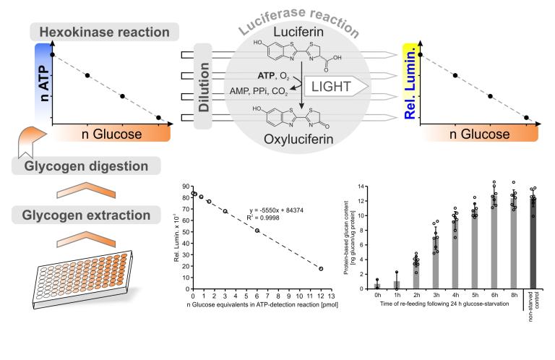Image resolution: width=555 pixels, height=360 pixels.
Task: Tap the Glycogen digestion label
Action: [x=91, y=166]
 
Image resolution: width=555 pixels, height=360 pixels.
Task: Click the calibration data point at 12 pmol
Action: [x=321, y=269]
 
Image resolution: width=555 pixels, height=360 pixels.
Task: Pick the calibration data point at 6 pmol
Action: [x=257, y=231]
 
